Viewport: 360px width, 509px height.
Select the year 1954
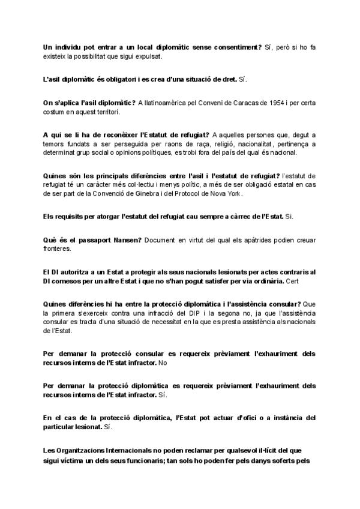pyautogui.click(x=266, y=103)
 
